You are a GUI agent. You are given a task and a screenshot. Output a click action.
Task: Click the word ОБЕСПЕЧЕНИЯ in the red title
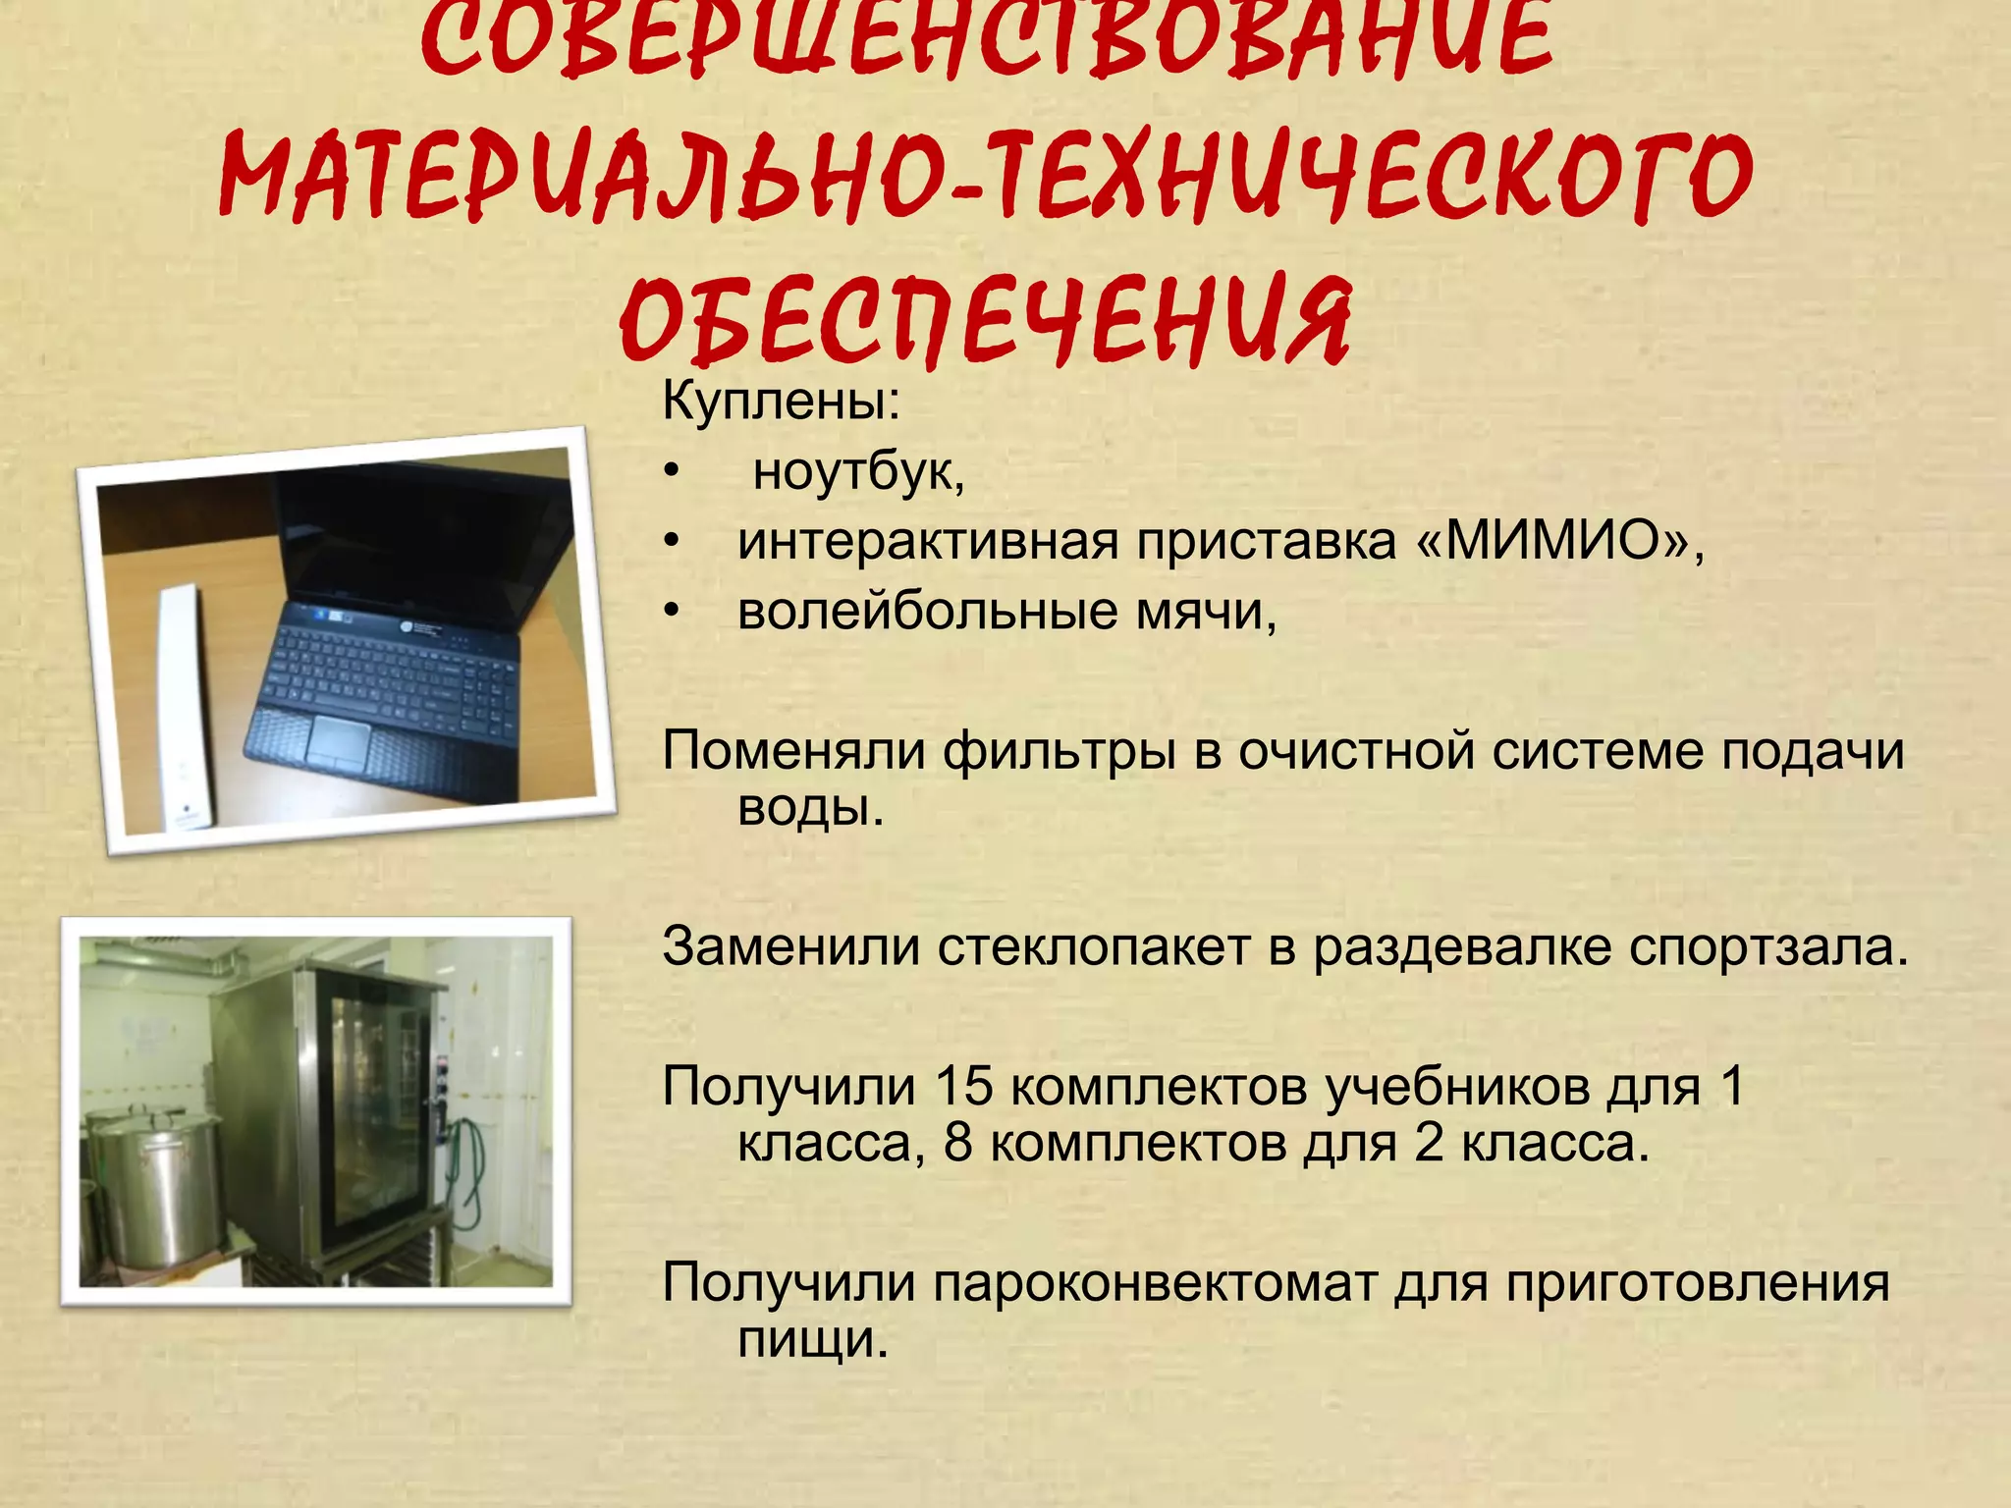coord(986,320)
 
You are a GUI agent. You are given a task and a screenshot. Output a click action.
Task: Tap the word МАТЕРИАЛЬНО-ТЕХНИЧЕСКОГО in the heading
coord(986,177)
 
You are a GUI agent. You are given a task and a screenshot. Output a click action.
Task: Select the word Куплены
coord(776,403)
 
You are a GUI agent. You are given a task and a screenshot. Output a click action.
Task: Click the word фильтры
coord(1059,752)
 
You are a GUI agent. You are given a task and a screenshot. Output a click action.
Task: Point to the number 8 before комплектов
coord(958,1144)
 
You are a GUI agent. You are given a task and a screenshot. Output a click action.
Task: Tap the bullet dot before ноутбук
coord(672,473)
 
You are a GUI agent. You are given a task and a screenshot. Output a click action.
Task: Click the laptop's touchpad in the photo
coord(337,740)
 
